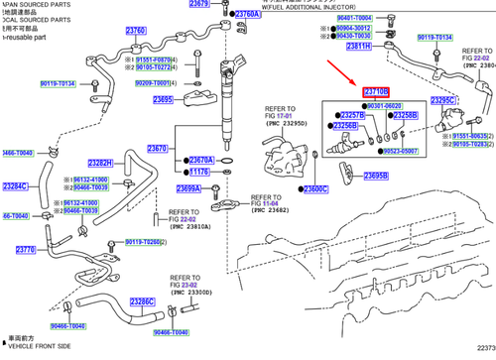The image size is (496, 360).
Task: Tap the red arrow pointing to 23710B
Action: click(348, 73)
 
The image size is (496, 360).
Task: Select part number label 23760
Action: click(135, 32)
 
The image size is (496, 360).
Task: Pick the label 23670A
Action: click(201, 160)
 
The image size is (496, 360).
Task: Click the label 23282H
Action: click(100, 163)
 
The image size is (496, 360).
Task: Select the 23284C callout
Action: click(15, 186)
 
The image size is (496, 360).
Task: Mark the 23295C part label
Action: click(441, 100)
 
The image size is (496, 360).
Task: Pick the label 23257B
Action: click(352, 115)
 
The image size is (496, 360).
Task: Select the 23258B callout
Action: click(405, 115)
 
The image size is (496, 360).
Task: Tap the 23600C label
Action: click(315, 188)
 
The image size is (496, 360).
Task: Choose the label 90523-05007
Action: click(405, 151)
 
